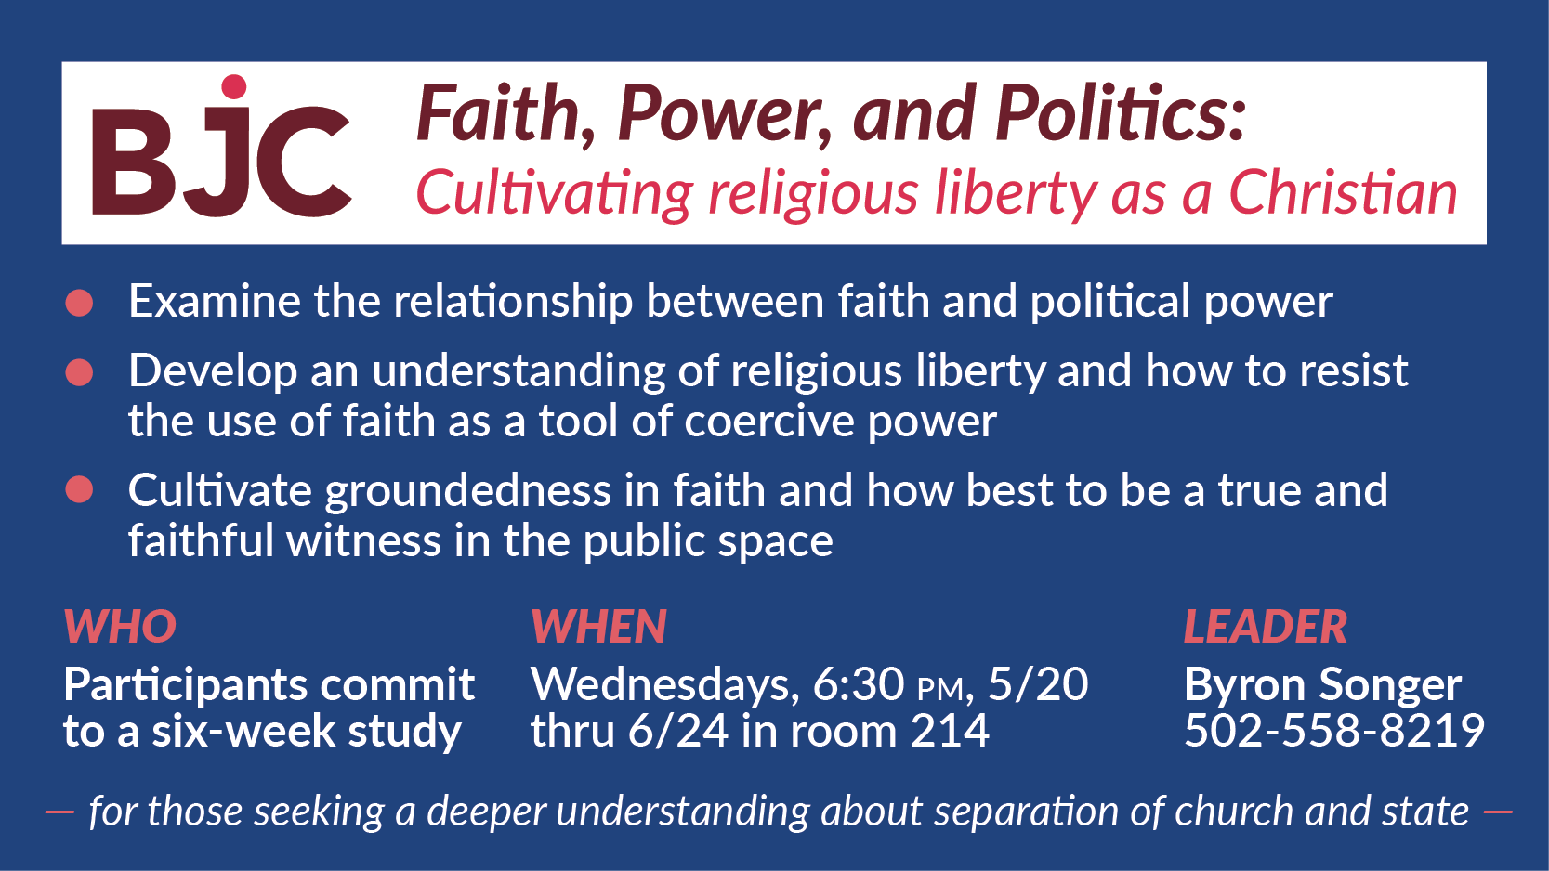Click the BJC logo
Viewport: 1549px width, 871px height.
222,147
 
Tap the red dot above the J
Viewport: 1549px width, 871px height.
234,87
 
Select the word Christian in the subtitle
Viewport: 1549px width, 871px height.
1343,193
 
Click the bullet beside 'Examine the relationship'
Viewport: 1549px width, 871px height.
79,304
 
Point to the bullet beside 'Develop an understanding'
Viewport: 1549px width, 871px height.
79,372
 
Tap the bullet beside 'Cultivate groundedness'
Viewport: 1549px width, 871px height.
79,489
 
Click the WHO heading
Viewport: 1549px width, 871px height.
120,627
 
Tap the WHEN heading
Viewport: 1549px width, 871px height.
598,627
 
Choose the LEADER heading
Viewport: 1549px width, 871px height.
1266,627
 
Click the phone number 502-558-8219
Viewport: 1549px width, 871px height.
1334,730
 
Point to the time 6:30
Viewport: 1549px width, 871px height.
859,684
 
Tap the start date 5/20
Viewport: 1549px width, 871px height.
1039,684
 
